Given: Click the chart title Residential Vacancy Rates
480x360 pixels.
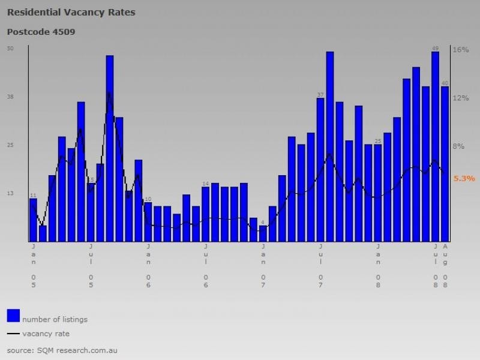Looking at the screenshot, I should pyautogui.click(x=71, y=12).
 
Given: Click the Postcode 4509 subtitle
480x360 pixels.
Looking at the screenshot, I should pyautogui.click(x=41, y=31).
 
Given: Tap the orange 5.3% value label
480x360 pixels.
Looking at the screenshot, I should pyautogui.click(x=464, y=178).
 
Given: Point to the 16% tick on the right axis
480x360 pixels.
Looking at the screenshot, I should pyautogui.click(x=460, y=50).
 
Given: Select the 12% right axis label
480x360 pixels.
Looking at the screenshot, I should pyautogui.click(x=460, y=98).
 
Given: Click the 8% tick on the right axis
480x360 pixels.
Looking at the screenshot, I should pyautogui.click(x=458, y=146).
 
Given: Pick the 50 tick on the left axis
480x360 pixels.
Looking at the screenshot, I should pyautogui.click(x=10, y=49).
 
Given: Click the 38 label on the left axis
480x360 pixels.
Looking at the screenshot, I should pyautogui.click(x=10, y=97).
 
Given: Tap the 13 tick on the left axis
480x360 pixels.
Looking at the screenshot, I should pyautogui.click(x=10, y=193).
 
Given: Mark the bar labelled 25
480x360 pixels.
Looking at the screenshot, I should pyautogui.click(x=378, y=193).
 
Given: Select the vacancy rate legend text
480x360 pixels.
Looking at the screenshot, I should pyautogui.click(x=46, y=334).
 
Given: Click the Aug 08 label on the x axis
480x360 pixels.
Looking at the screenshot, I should pyautogui.click(x=445, y=265).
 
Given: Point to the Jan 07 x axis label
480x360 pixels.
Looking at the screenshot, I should pyautogui.click(x=263, y=265).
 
